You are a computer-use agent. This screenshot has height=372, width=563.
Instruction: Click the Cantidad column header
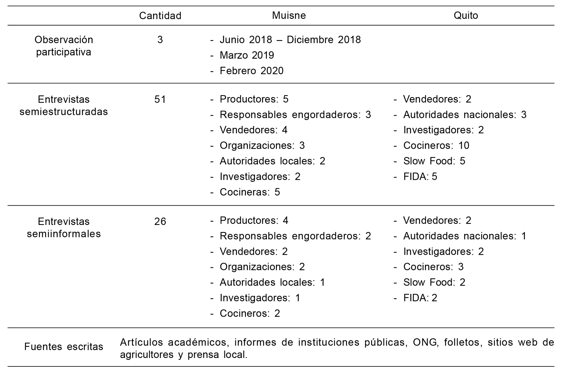160,16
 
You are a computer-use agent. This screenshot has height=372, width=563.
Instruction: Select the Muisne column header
289,15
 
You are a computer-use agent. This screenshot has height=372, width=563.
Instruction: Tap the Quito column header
466,15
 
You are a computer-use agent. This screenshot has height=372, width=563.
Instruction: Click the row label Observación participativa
64,46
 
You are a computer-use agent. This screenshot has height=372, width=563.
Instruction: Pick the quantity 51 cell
160,99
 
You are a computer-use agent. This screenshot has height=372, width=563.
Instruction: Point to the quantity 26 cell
160,222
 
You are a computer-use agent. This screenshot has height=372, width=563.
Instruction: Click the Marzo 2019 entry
247,55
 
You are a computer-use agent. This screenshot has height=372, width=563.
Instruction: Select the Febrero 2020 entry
251,71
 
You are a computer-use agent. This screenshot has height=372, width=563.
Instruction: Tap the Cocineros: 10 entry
436,145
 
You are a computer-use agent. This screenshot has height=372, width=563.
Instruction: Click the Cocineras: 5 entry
250,192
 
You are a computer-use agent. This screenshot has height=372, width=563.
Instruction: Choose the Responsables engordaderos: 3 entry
295,114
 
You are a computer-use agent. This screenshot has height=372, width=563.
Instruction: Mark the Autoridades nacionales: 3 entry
465,114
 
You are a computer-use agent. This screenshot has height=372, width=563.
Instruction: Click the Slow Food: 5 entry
434,161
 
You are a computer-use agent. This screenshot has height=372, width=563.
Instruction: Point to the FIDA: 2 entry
420,298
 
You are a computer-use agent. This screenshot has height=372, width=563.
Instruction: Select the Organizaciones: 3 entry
262,145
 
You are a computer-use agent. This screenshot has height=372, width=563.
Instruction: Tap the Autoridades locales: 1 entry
272,282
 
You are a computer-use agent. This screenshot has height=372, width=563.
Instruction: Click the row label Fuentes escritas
64,347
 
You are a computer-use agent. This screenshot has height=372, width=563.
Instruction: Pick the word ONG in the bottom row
424,342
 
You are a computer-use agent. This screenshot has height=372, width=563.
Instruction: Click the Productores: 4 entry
254,221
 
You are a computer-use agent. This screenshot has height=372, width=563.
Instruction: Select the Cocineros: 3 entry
433,267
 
